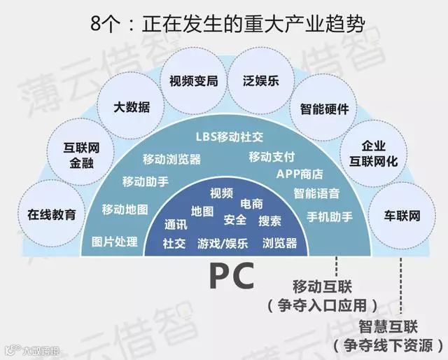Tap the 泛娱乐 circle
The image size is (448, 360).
pos(258,80)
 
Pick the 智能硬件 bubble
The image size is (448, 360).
pos(324,109)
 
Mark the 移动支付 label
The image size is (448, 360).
pos(272,155)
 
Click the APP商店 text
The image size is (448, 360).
pos(299,174)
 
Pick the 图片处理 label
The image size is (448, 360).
pos(115,242)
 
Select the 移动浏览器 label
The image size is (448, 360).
pos(171,159)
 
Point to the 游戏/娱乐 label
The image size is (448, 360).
pos(222,243)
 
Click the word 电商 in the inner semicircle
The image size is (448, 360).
pos(251,203)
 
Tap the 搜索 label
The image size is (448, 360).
pos(269,221)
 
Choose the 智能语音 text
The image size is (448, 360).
pos(316,193)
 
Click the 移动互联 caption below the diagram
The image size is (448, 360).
pos(322,287)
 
